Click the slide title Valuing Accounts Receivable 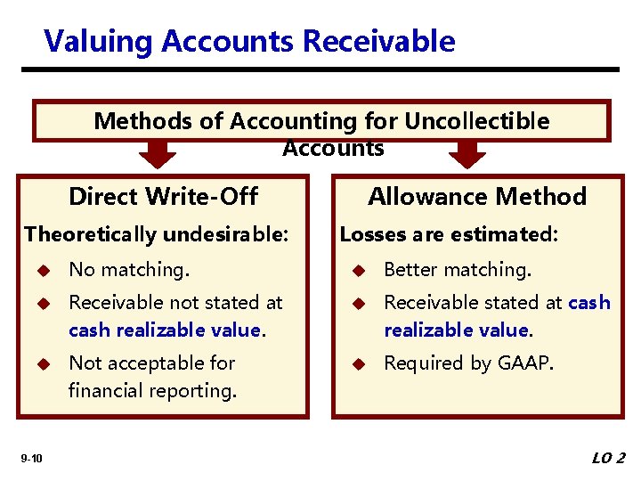click(249, 41)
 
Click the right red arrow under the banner click(467, 155)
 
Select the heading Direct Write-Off click(163, 196)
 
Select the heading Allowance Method click(477, 196)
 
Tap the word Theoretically click(85, 234)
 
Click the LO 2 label click(609, 458)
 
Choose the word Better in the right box click(411, 270)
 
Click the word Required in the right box click(420, 363)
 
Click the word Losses click(369, 234)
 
